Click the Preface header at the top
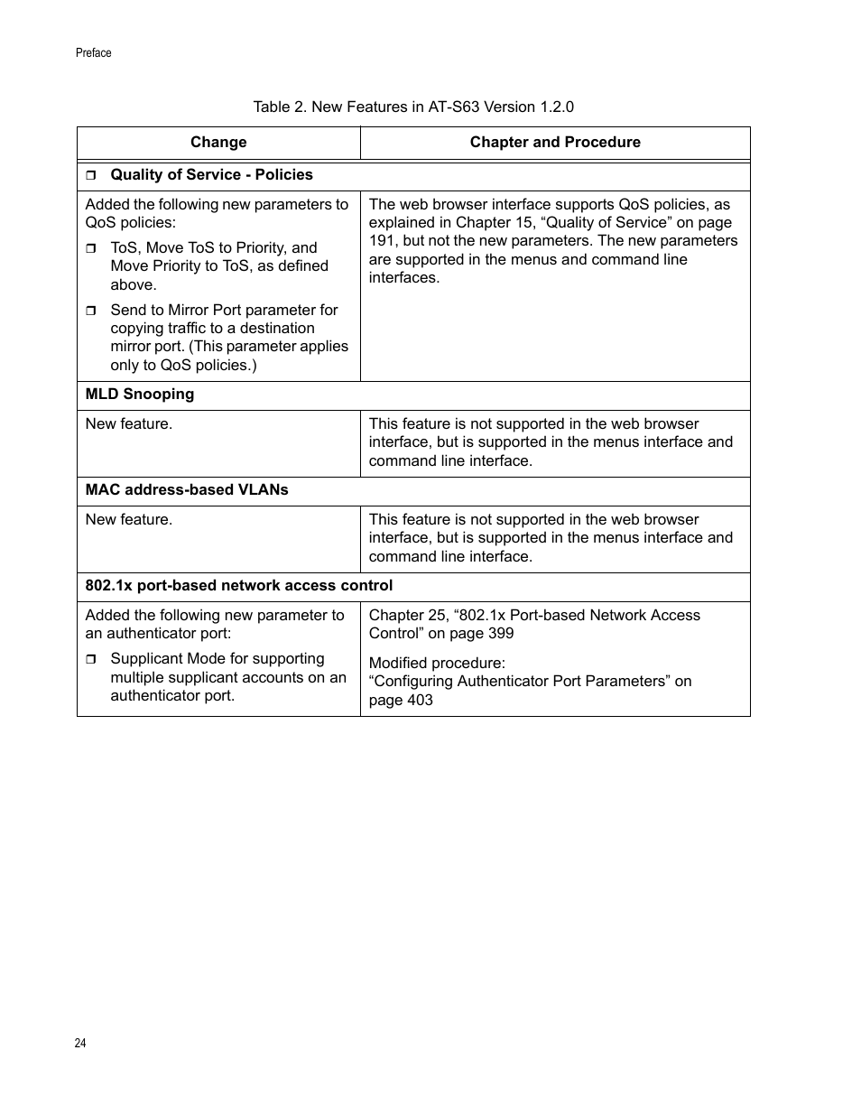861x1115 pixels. point(93,53)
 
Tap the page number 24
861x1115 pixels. point(80,1044)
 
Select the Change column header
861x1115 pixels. point(218,143)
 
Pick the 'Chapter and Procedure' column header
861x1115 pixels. point(555,143)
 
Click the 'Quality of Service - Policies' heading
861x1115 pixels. point(211,175)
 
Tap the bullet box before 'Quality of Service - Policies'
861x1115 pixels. point(91,175)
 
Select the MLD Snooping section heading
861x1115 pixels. point(140,395)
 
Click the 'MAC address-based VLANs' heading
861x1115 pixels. point(187,490)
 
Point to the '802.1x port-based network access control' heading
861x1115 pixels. point(239,586)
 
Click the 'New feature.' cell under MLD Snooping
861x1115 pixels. point(129,424)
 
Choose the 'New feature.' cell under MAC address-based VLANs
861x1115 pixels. point(129,520)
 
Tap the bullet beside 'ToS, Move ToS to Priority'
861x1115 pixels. point(91,248)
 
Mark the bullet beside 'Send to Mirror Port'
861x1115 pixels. point(91,311)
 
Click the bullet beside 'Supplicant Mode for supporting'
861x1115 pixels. point(91,660)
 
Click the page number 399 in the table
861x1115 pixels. point(500,634)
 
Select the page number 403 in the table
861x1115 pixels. point(419,701)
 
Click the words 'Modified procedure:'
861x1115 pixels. point(437,664)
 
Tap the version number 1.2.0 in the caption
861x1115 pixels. point(557,107)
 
